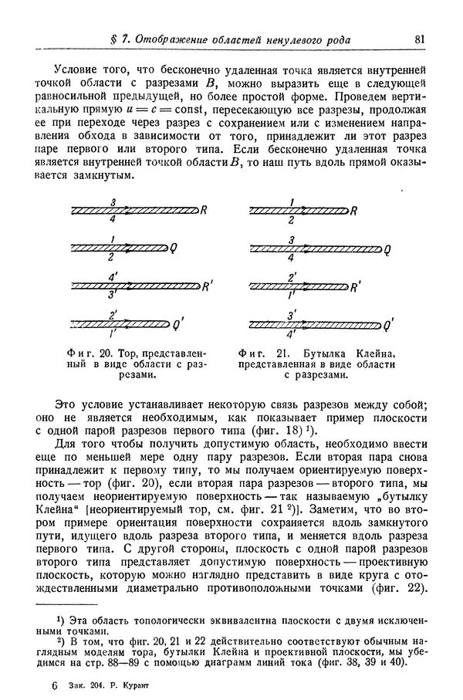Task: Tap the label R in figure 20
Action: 204,210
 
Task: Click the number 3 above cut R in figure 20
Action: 114,202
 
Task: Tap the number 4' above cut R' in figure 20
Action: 113,277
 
